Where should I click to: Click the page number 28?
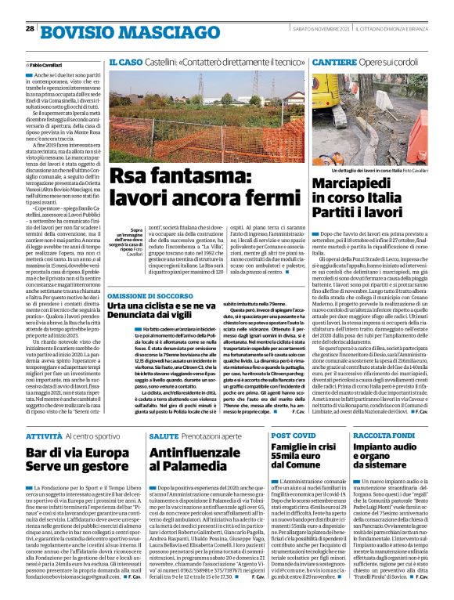[29, 29]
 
